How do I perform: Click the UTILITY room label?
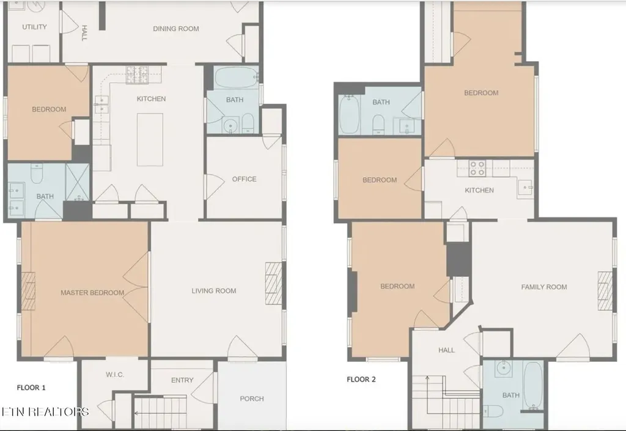point(34,27)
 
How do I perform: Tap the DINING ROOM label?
point(176,29)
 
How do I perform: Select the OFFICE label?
point(245,179)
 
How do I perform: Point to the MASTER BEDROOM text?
point(92,293)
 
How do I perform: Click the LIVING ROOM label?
point(214,291)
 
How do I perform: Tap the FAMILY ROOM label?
point(544,287)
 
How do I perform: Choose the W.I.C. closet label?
point(115,375)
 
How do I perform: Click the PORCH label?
point(252,399)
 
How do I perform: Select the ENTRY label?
point(182,380)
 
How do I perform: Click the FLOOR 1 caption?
point(31,388)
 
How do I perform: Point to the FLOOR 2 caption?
point(361,380)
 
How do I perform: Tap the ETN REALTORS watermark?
point(45,412)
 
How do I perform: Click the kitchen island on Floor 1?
point(150,139)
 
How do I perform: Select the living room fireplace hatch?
point(273,283)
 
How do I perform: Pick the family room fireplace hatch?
point(605,290)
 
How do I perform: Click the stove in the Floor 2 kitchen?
point(477,168)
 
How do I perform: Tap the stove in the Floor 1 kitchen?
point(138,75)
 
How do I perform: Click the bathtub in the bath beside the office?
point(236,78)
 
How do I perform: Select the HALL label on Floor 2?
point(446,350)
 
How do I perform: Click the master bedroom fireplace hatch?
point(28,291)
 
